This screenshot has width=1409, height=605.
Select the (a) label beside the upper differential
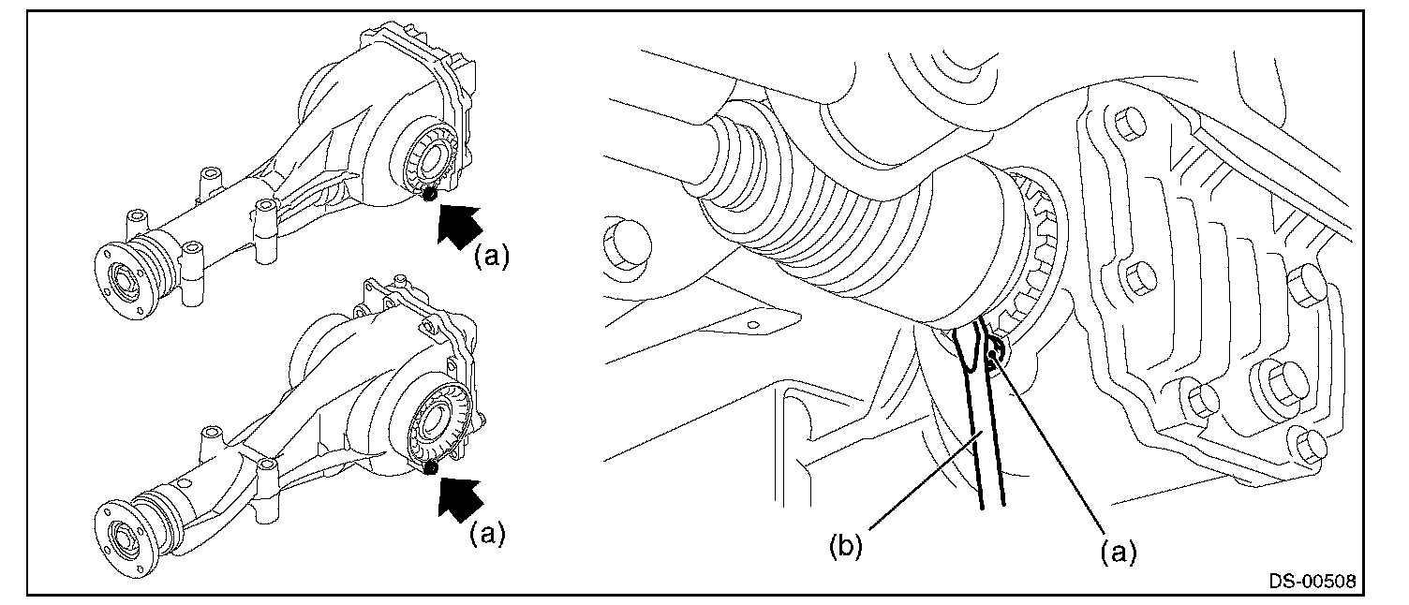[x=491, y=257]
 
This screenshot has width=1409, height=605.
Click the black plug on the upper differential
[x=430, y=194]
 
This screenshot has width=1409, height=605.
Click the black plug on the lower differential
[x=432, y=466]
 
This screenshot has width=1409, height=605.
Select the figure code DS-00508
[x=1312, y=581]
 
